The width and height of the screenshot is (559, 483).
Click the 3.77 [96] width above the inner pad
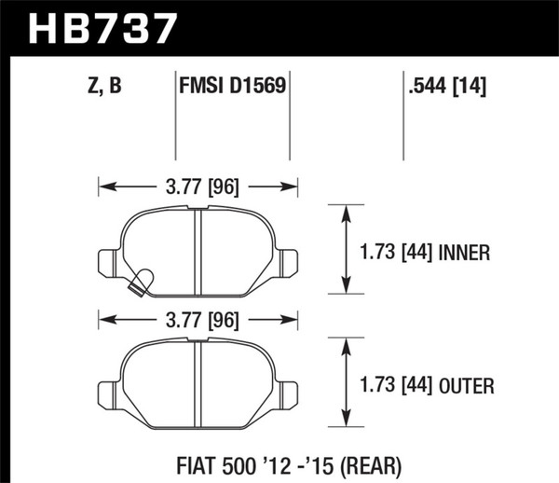pyautogui.click(x=198, y=186)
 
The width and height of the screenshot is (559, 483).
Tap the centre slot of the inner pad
pyautogui.click(x=197, y=241)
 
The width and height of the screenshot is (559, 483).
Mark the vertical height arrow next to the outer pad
pyautogui.click(x=348, y=383)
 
